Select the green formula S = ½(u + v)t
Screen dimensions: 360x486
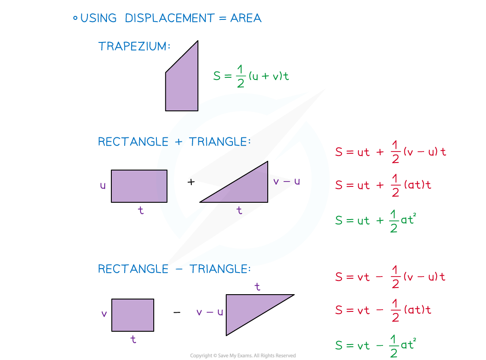tap(251, 76)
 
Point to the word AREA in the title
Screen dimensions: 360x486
tap(246, 18)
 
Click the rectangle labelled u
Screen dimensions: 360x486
tap(139, 186)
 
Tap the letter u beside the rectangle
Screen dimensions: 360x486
tap(103, 186)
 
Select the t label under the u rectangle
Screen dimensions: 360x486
tap(141, 211)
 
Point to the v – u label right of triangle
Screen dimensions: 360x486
tap(286, 181)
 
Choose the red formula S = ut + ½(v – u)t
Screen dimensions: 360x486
tap(390, 152)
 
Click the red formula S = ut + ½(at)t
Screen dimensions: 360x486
tap(383, 185)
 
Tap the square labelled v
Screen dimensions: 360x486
tap(133, 315)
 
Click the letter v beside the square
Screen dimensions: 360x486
tap(104, 314)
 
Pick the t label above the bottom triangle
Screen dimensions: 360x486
tap(257, 287)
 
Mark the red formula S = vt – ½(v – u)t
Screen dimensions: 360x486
tap(390, 277)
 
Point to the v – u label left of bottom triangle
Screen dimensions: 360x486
tap(209, 312)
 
